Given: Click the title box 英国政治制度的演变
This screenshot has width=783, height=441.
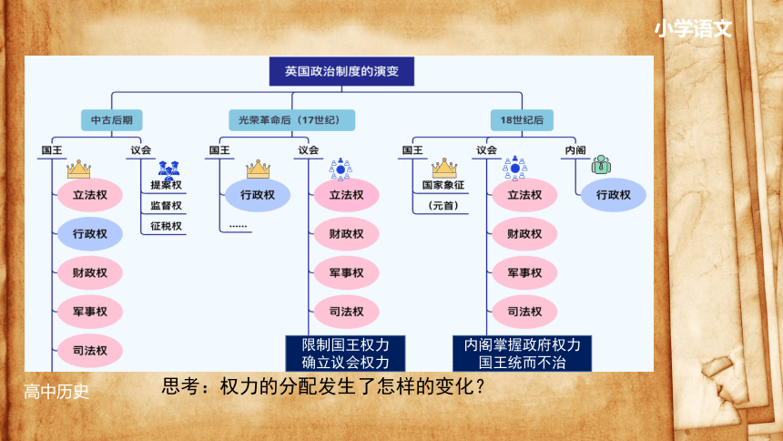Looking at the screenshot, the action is tap(341, 71).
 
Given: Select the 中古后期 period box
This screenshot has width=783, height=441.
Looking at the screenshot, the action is tap(112, 120).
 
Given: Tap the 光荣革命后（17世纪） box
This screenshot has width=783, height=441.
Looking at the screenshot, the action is tap(291, 120).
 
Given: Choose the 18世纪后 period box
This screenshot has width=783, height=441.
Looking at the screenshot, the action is tap(522, 120).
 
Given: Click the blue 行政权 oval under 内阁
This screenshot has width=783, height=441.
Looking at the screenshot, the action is tap(614, 195).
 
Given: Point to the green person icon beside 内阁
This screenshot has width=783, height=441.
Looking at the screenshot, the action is tap(601, 165).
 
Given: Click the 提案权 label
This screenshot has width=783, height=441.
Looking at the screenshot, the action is tap(167, 185).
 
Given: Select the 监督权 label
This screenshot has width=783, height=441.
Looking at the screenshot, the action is tap(167, 206).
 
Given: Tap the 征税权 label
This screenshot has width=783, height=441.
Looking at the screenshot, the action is tap(167, 226).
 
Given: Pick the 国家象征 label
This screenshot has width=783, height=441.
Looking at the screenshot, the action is tap(443, 185).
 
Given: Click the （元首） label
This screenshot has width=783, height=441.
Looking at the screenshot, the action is tap(443, 206).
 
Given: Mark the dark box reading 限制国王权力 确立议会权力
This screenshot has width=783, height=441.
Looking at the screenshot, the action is tap(346, 354).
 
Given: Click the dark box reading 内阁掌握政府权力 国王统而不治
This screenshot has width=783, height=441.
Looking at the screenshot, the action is tap(523, 354).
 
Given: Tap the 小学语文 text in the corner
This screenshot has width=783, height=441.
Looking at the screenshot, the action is tap(693, 29).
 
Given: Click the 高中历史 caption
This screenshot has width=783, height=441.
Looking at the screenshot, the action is tap(56, 392).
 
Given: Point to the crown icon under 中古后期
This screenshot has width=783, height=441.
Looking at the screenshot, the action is tap(79, 169).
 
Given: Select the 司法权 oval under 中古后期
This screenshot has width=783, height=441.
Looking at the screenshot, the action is tap(90, 351).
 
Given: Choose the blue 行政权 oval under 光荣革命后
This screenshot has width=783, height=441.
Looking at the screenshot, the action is tap(258, 195).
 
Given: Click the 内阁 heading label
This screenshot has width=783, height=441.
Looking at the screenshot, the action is tap(575, 150).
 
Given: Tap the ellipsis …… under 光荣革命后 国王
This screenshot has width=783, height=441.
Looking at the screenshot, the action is tap(239, 227).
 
